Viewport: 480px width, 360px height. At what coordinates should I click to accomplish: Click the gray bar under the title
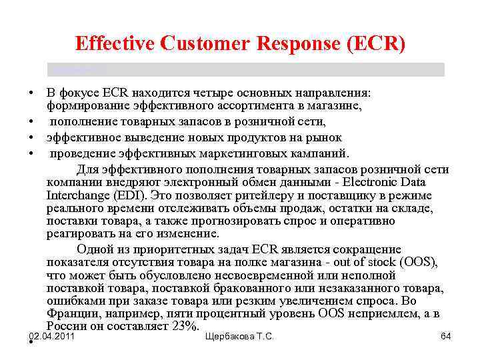[245, 69]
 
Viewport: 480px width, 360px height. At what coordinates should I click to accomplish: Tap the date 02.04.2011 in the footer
[52, 336]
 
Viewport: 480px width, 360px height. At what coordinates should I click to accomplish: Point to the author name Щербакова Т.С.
[240, 336]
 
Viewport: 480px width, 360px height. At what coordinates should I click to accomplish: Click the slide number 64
[445, 336]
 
